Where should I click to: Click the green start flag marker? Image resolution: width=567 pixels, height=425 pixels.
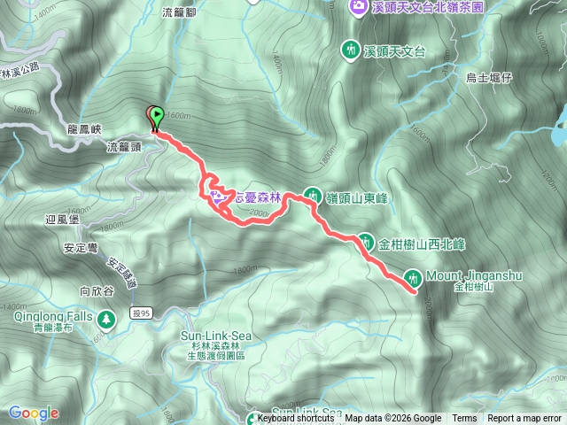[x=157, y=114]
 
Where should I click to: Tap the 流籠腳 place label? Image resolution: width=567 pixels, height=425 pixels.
[x=179, y=12]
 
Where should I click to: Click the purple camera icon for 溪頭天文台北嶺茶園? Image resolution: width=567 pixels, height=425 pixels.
[x=357, y=7]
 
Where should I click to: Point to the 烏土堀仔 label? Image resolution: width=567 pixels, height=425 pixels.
[x=489, y=78]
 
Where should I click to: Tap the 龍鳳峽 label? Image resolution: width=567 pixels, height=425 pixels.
[x=86, y=128]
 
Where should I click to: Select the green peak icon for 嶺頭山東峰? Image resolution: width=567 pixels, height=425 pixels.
[x=313, y=195]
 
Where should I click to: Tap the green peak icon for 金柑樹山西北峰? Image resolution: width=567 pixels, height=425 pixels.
[x=365, y=241]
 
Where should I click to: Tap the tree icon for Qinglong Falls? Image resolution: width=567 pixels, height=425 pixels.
[x=107, y=317]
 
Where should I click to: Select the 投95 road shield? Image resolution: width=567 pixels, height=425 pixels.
[x=142, y=313]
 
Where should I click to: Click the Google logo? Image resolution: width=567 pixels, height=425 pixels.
[x=33, y=413]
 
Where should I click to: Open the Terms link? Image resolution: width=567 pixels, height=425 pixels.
[x=464, y=419]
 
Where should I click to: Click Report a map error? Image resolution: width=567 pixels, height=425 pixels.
[x=524, y=419]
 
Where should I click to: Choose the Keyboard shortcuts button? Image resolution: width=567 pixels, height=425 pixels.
[x=295, y=419]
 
